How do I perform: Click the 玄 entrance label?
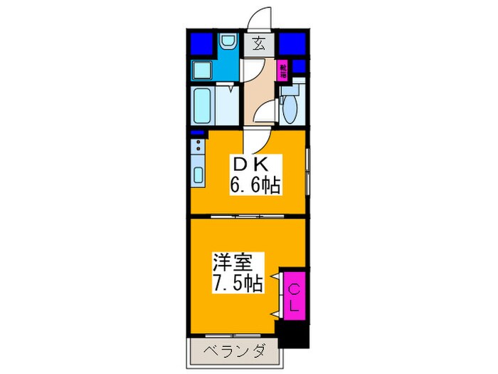[260, 44]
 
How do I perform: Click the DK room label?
[248, 163]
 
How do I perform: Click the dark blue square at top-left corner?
[201, 45]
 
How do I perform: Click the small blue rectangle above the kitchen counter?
[196, 133]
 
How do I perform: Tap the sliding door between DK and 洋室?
[248, 215]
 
